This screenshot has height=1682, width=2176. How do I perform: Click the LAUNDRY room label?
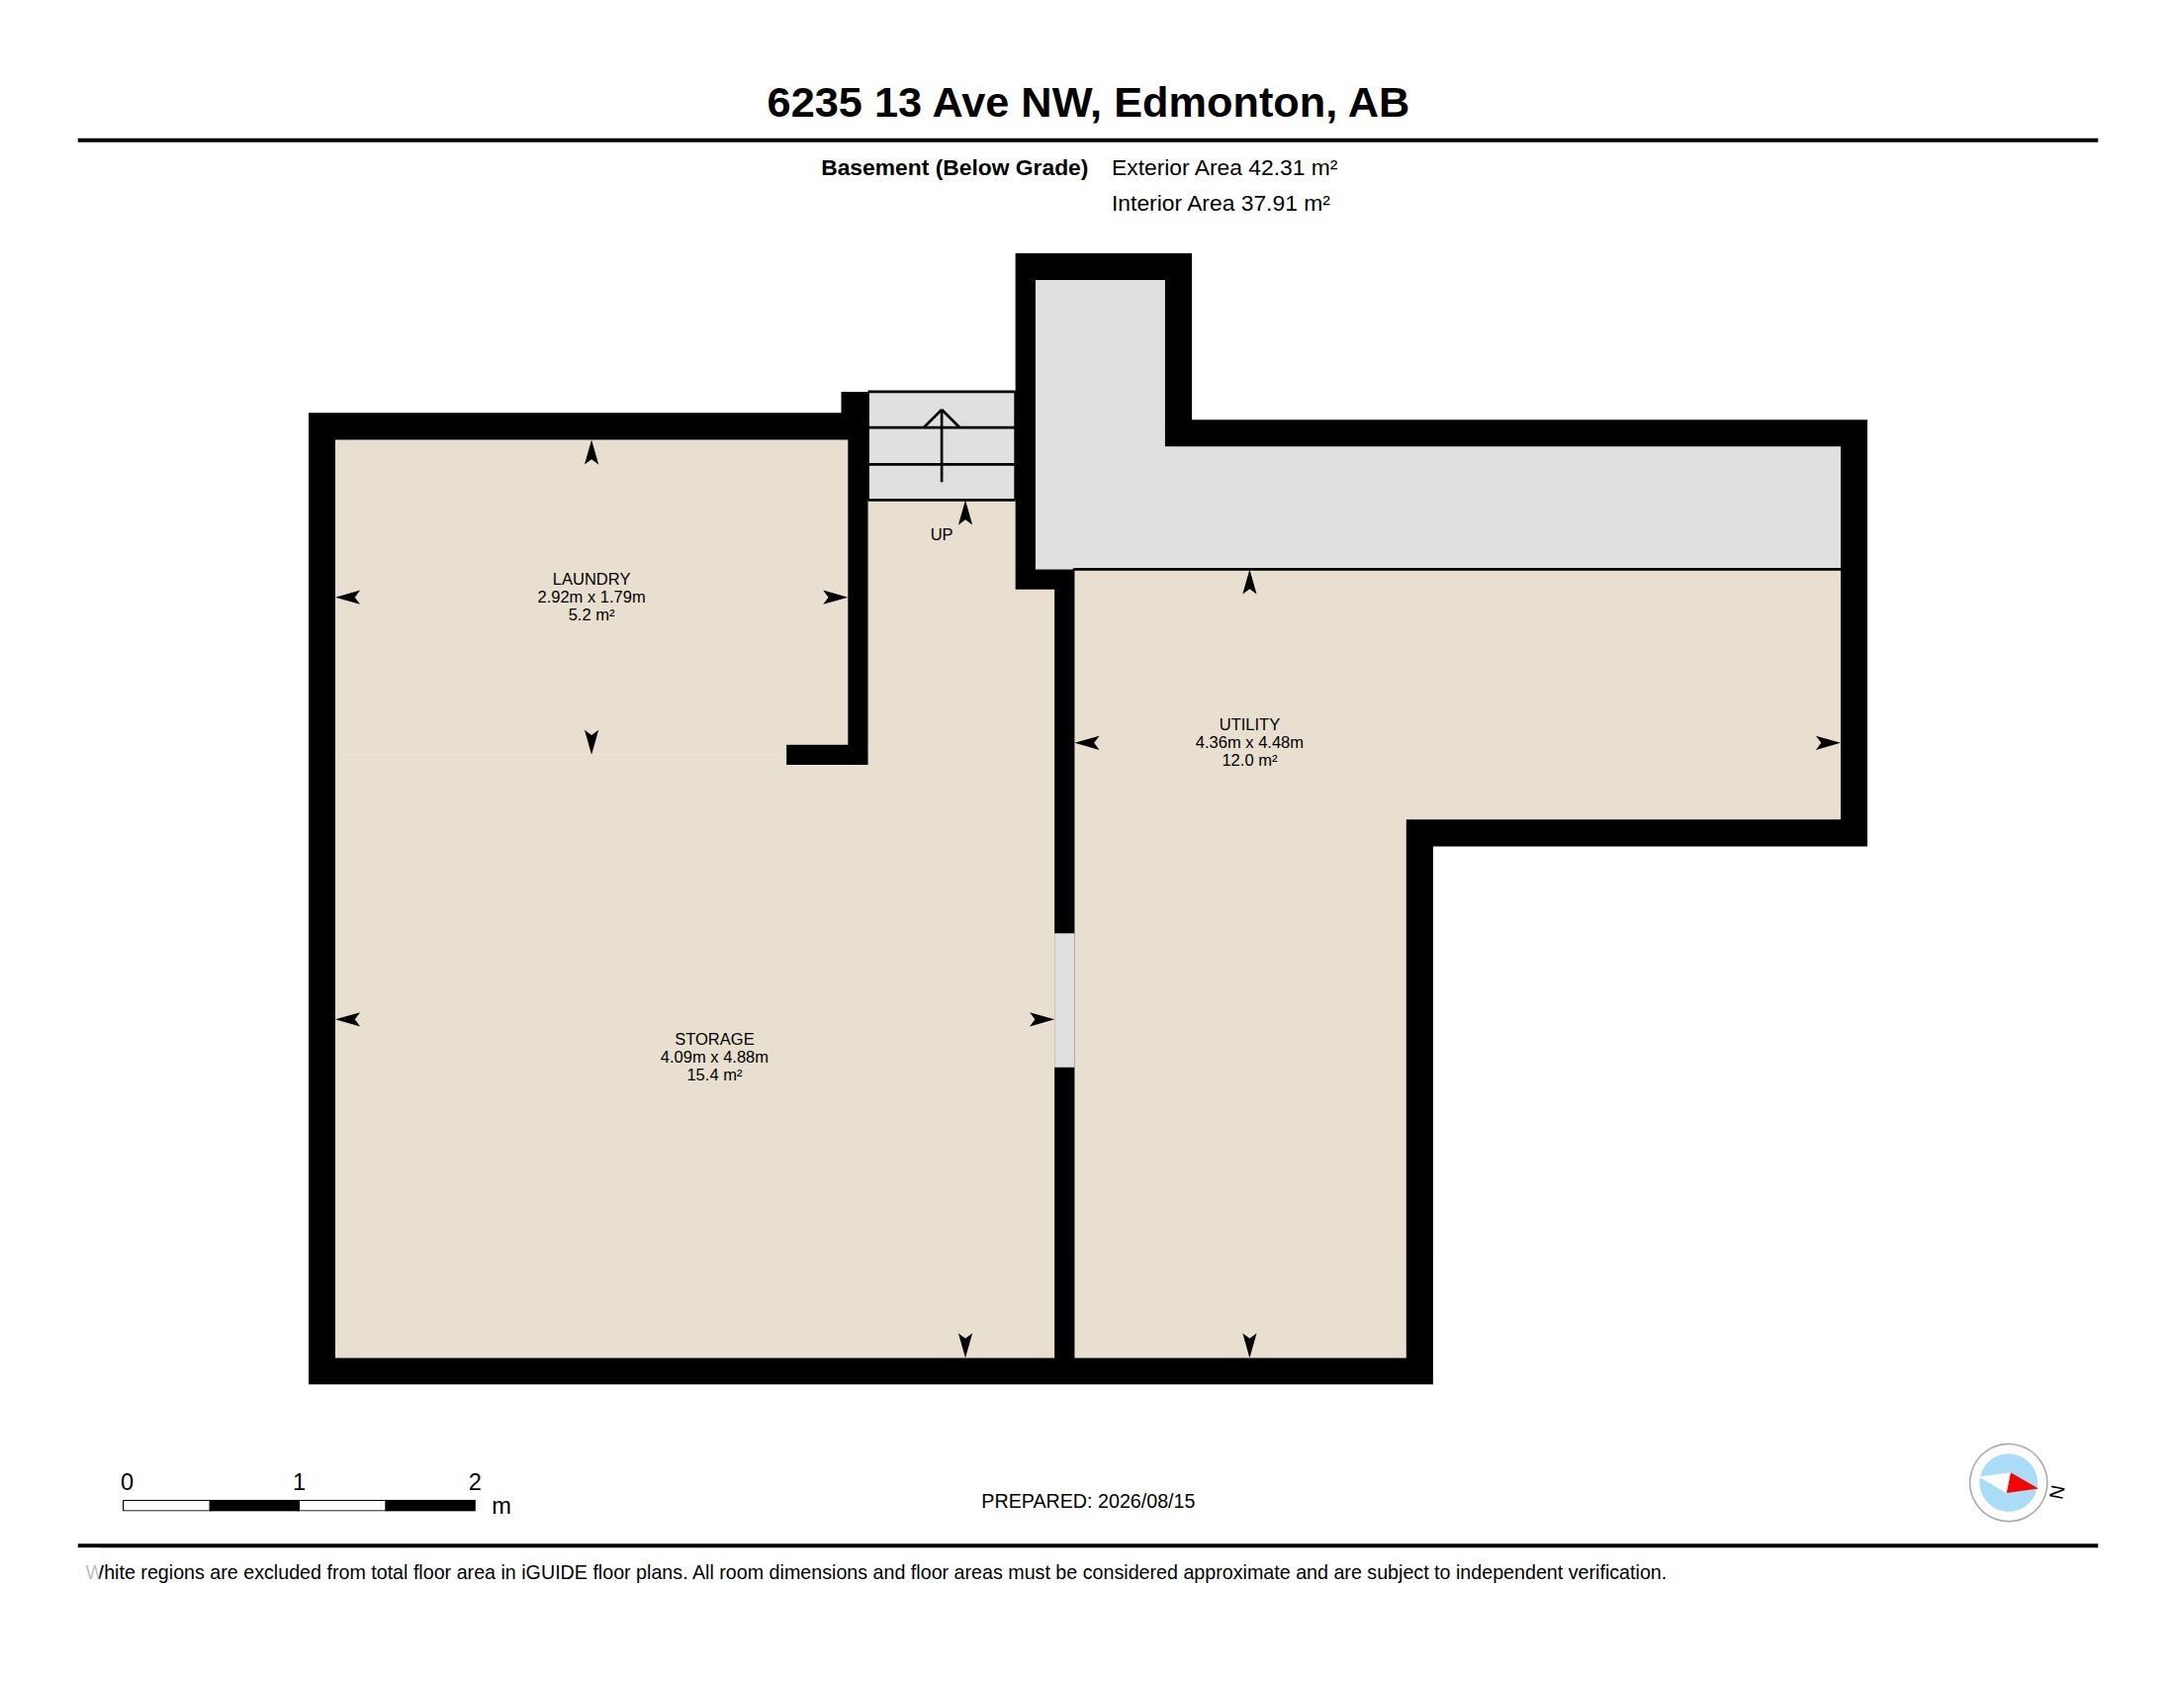coord(590,579)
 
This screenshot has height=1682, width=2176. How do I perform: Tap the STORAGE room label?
coord(713,1039)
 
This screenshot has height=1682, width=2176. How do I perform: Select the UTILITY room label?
coord(1248,724)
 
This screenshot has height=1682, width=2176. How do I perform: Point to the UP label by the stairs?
coord(941,535)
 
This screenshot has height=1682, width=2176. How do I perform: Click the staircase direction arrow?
coord(942,445)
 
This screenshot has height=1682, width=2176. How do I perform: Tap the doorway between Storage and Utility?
coord(1064,1000)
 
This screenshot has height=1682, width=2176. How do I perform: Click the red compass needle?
coord(2021,1485)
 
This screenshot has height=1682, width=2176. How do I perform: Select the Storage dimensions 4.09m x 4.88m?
coord(713,1058)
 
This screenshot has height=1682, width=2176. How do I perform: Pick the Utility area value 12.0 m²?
coord(1248,760)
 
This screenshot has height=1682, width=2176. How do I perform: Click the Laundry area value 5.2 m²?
coord(590,614)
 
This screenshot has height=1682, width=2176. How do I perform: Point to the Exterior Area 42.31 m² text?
coord(1224,167)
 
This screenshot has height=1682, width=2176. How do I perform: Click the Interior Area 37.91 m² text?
coord(1221,203)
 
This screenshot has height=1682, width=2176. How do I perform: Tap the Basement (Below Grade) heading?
coord(953,167)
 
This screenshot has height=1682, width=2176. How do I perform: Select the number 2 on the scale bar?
coord(474,1482)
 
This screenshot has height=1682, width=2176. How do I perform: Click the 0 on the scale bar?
coord(127,1482)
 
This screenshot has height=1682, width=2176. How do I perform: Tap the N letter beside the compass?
coord(2055,1492)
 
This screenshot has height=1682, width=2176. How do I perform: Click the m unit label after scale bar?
coord(501,1506)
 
